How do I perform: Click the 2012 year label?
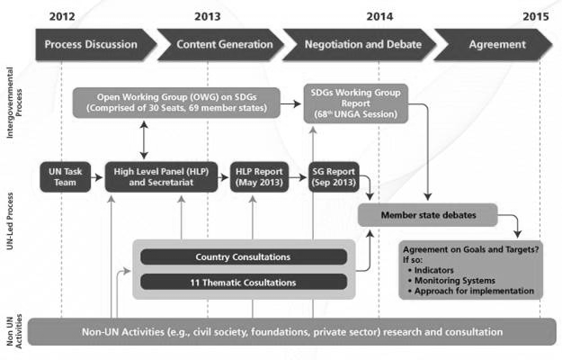tap(62, 16)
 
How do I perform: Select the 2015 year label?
tap(536, 16)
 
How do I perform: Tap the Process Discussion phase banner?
tap(96, 44)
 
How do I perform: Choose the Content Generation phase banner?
tap(221, 44)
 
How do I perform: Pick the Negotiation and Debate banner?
tap(360, 44)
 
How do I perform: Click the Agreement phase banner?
tap(493, 44)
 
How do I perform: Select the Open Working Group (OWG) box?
tap(176, 103)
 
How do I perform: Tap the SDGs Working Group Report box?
tap(355, 103)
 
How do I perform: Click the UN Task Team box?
tap(66, 176)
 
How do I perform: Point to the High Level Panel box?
tap(161, 176)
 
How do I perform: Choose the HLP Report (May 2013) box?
tap(259, 176)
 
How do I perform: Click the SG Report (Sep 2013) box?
tap(334, 176)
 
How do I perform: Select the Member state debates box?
tap(428, 215)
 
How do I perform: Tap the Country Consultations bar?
tap(244, 257)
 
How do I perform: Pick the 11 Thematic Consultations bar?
tap(244, 283)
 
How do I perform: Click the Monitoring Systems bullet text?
tap(454, 281)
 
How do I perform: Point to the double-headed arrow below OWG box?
tap(144, 139)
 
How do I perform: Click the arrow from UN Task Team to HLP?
tap(97, 177)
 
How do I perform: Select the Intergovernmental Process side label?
tap(14, 103)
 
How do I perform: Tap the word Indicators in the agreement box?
tap(433, 270)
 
